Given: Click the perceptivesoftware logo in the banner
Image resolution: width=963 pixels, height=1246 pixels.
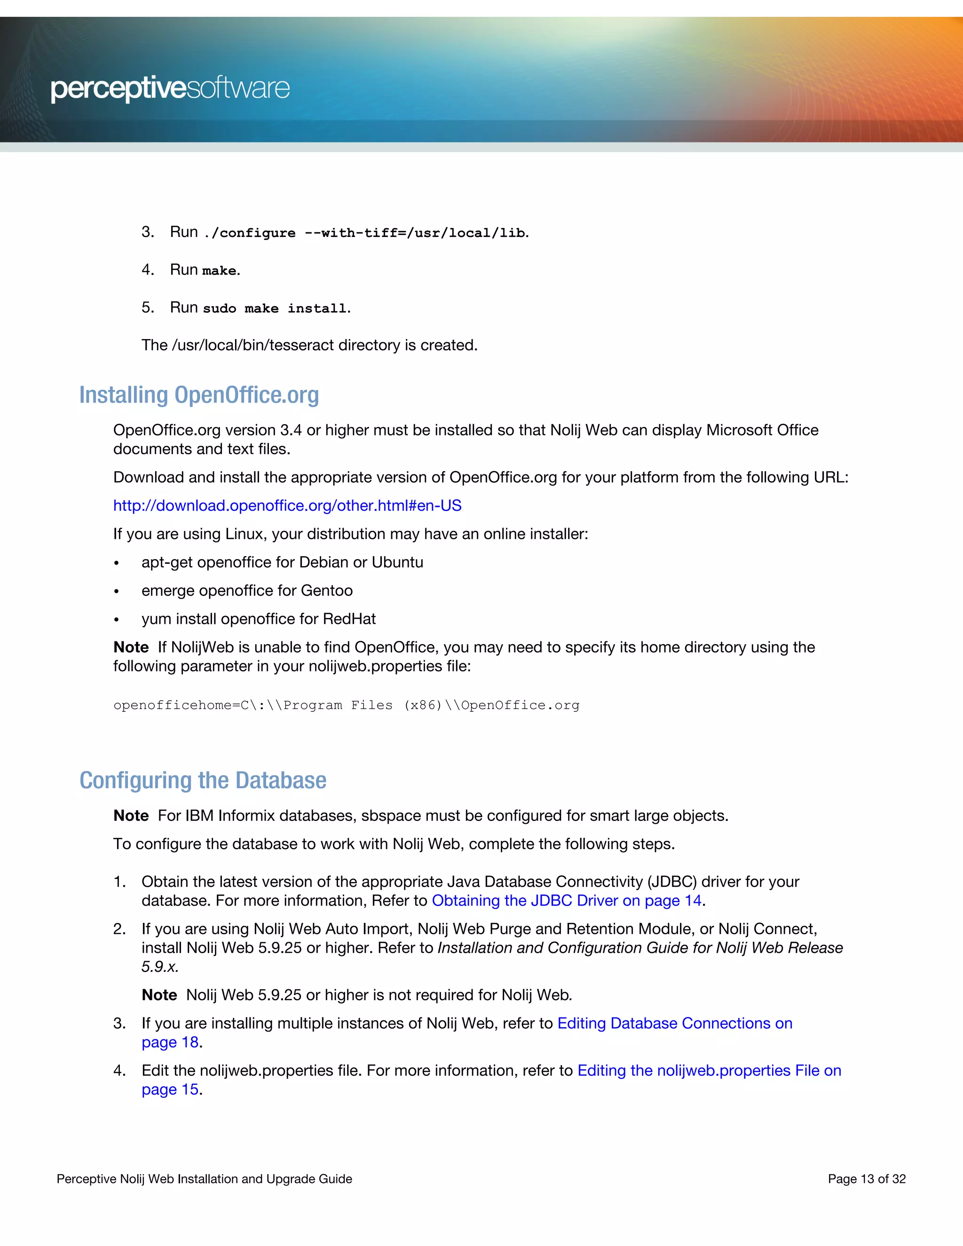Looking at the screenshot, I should point(170,89).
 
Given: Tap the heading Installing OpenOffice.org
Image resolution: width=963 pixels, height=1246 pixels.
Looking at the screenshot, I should point(198,395).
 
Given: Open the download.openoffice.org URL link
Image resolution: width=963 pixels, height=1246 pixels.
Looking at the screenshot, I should point(287,505).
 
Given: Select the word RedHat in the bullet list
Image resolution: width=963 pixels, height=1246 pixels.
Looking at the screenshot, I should point(349,619).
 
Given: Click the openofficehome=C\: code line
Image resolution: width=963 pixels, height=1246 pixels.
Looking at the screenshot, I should point(346,705).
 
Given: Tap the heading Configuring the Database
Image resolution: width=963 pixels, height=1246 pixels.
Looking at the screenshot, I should point(203,780).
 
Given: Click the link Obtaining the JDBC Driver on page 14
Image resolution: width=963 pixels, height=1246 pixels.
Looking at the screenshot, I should point(566,900).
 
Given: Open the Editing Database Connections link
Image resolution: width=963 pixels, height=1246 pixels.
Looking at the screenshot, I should point(674,1023).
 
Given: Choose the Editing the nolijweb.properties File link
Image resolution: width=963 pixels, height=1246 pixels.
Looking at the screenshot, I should point(709,1070).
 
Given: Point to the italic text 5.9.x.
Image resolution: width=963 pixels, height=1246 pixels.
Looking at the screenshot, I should point(160,966).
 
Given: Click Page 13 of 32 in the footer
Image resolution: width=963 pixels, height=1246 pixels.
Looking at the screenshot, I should point(866,1179).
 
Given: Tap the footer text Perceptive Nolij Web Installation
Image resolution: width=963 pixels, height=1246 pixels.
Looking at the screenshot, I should point(204,1179).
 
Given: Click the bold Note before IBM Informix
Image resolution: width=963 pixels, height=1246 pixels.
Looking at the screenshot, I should point(131,816).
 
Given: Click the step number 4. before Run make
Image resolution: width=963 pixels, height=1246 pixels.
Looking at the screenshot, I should point(148,270).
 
